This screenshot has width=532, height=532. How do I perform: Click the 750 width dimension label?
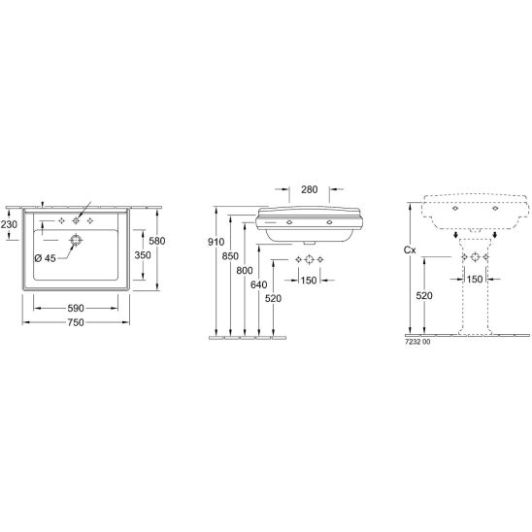point(76,322)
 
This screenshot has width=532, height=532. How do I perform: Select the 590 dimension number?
point(76,308)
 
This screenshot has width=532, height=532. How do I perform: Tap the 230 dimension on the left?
point(9,224)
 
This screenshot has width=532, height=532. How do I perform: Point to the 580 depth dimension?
point(157,241)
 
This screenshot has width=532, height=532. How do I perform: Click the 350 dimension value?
point(143,255)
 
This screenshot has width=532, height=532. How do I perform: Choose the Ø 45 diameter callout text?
point(45,258)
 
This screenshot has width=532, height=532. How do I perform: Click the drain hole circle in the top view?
point(76,240)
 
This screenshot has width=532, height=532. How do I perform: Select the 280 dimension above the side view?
point(310,189)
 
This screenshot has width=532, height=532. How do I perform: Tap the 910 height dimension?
point(216,242)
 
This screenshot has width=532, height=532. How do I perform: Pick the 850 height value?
point(230,256)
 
